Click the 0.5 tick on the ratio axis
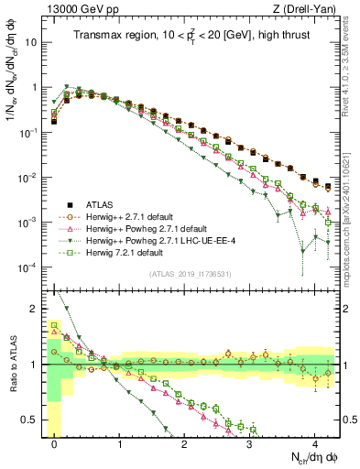point(35,420)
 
